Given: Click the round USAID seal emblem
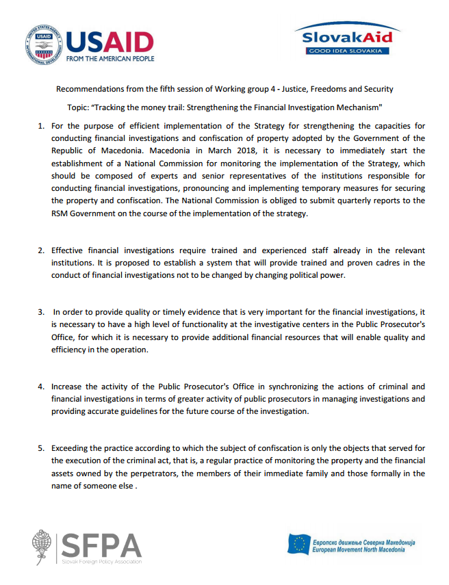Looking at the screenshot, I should pyautogui.click(x=40, y=45).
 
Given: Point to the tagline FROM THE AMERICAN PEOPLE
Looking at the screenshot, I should pyautogui.click(x=110, y=59).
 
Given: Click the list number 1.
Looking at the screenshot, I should pyautogui.click(x=40, y=126).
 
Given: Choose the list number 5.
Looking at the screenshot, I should pyautogui.click(x=40, y=448).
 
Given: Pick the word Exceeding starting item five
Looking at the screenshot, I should pyautogui.click(x=73, y=448).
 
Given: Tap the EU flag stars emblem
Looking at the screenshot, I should pyautogui.click(x=298, y=545).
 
